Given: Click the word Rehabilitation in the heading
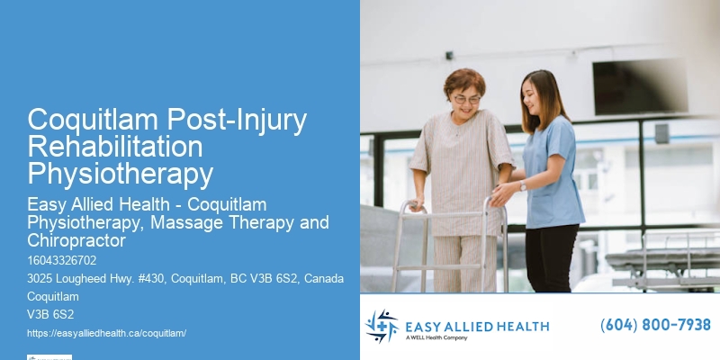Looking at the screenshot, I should point(114,146).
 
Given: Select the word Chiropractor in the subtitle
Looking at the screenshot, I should point(75,240).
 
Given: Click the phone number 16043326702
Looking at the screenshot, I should point(61,261).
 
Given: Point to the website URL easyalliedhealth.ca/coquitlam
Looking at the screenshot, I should point(106,333).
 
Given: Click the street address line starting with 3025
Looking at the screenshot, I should point(184,279).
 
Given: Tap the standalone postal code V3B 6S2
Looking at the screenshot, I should point(50,315).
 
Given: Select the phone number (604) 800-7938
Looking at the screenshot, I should point(655,325).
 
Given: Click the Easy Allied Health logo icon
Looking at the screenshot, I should point(381,326).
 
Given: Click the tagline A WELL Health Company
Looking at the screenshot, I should point(442,337).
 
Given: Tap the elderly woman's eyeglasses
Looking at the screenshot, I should point(466,99).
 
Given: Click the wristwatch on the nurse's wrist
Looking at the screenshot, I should point(523,185).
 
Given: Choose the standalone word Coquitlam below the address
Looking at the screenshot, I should point(53,297).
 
